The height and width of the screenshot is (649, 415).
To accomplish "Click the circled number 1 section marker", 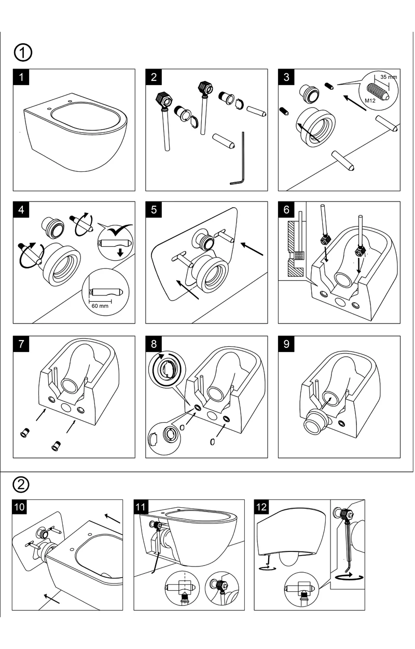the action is click(23, 52).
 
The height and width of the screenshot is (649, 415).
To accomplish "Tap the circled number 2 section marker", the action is click(21, 484).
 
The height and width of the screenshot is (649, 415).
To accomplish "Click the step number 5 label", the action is click(154, 209).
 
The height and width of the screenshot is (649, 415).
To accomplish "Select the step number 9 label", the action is click(286, 344).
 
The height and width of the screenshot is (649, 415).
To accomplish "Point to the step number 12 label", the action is click(261, 507).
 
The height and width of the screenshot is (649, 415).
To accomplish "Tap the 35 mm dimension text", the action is click(389, 77).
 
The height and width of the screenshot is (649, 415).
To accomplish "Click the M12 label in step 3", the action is click(370, 101).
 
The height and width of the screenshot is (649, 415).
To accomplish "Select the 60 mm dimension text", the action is click(100, 306).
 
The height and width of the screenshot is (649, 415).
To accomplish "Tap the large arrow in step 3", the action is click(355, 103).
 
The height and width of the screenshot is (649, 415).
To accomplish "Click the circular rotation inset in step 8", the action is click(167, 369).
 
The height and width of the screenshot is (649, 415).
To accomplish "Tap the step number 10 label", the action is click(19, 507).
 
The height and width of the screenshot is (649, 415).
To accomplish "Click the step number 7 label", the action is click(21, 344).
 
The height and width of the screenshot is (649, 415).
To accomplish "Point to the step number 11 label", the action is click(141, 507).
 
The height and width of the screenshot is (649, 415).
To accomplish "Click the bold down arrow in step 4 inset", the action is click(120, 253).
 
